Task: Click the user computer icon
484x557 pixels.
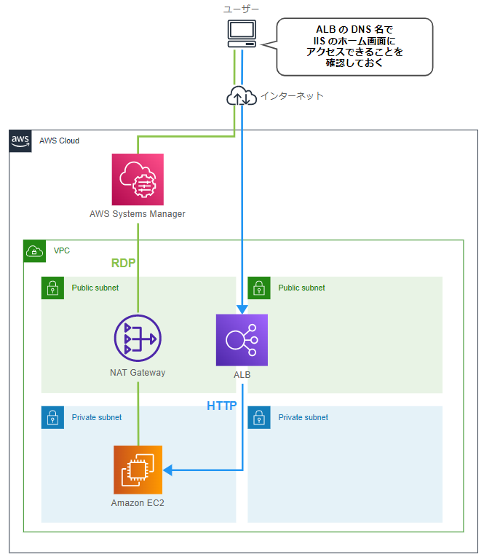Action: [x=242, y=33]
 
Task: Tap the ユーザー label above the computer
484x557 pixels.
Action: [x=242, y=8]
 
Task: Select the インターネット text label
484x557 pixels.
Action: [x=292, y=96]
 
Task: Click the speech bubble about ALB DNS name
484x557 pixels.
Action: [x=354, y=47]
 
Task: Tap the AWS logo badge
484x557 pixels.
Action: [x=20, y=141]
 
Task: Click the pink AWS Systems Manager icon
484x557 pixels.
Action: [x=138, y=179]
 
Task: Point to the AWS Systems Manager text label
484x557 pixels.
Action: [x=138, y=214]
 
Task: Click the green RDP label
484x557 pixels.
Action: [x=124, y=263]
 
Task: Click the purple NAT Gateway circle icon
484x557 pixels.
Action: [x=138, y=339]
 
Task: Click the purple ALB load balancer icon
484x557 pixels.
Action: [x=242, y=340]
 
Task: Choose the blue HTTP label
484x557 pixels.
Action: [x=222, y=406]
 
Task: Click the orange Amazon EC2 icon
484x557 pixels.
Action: [x=138, y=470]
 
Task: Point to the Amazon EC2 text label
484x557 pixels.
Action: [x=138, y=503]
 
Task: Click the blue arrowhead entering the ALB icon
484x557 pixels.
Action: [x=242, y=309]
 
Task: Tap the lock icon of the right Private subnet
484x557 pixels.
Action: [x=259, y=418]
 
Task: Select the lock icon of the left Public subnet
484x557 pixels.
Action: [x=52, y=288]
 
